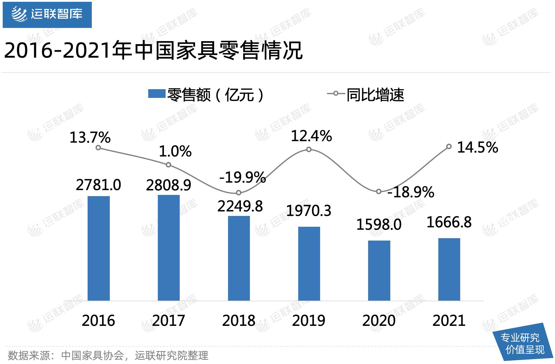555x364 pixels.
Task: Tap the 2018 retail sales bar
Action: (x=239, y=258)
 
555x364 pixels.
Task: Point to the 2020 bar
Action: (x=379, y=270)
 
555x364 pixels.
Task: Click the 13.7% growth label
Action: (x=90, y=138)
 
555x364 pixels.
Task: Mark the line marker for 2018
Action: (x=238, y=193)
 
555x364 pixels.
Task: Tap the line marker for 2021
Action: (x=449, y=147)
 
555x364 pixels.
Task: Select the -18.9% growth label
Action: (x=410, y=192)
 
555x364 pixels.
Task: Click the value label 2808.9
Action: (x=169, y=185)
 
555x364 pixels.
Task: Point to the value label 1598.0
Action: (x=379, y=225)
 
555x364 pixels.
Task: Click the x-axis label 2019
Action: (x=309, y=320)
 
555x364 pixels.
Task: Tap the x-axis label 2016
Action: (x=98, y=320)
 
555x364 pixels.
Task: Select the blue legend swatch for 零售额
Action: (x=157, y=94)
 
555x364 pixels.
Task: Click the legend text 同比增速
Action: (x=375, y=95)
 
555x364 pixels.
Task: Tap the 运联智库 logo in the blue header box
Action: (x=47, y=14)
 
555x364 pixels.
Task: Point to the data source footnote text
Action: (x=108, y=355)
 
